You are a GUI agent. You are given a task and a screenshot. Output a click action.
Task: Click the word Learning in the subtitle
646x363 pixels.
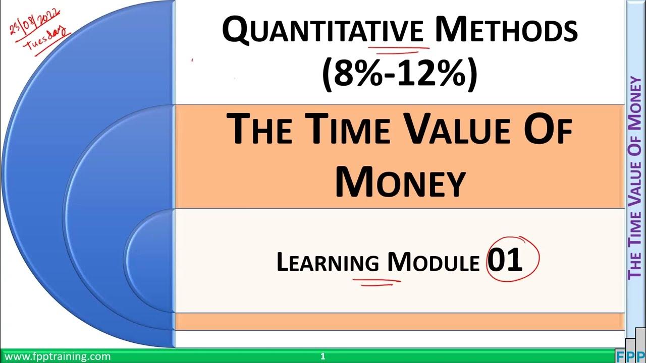click(328, 262)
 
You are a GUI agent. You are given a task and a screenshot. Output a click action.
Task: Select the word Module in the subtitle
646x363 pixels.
click(433, 262)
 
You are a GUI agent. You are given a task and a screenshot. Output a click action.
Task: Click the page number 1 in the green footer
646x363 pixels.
click(322, 356)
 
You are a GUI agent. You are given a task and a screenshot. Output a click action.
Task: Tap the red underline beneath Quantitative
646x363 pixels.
click(399, 49)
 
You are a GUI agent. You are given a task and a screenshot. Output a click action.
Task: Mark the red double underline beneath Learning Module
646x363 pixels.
click(376, 279)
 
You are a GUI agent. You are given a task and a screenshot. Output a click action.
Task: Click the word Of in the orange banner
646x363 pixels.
click(550, 130)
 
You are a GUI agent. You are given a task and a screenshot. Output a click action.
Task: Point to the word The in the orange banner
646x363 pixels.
click(259, 130)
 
